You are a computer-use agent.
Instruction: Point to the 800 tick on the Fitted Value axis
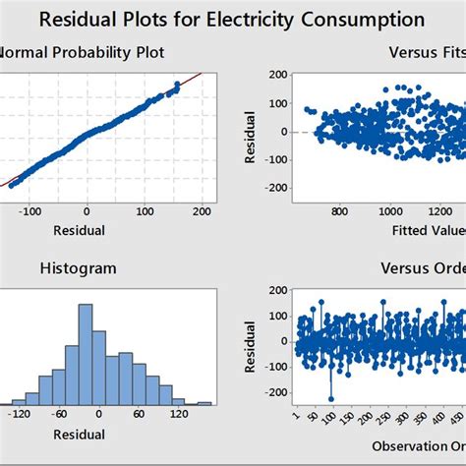[339, 209]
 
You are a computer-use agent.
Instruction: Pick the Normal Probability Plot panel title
[83, 51]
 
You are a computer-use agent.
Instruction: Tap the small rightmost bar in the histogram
[204, 402]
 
